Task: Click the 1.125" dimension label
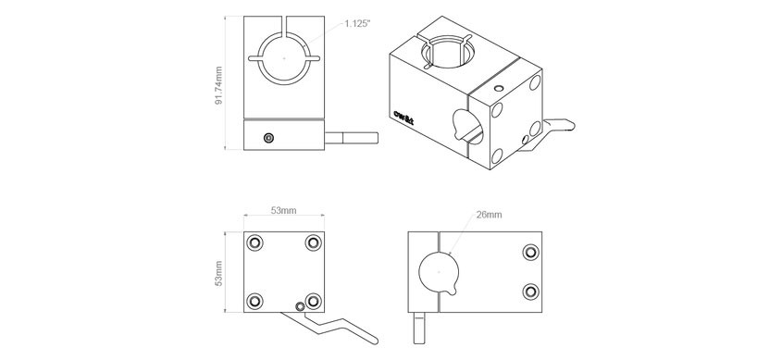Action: pos(357,24)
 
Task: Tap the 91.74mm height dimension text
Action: pos(218,86)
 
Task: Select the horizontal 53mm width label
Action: pos(283,210)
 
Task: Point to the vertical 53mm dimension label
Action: pos(218,274)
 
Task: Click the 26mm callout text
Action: pos(489,215)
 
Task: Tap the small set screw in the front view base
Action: pos(269,139)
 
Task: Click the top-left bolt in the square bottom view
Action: pos(254,242)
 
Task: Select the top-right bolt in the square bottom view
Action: pos(314,242)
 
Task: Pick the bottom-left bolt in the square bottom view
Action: pos(254,302)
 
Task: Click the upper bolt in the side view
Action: pos(531,252)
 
